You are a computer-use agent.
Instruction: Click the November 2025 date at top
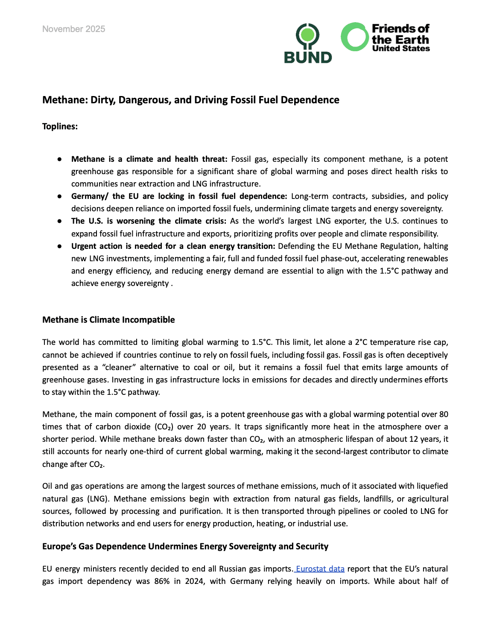click(x=73, y=29)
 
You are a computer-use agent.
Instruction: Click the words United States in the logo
click(x=400, y=49)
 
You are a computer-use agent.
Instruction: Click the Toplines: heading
click(x=60, y=126)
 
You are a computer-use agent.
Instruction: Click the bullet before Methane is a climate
click(x=60, y=159)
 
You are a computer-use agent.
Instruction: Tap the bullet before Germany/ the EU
click(x=60, y=196)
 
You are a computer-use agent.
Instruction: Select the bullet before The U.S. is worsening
click(x=60, y=221)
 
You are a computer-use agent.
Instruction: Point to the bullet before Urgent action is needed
click(x=60, y=246)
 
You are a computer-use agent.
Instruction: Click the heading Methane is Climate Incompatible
click(x=108, y=320)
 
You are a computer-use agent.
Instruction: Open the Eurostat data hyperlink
click(x=320, y=569)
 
